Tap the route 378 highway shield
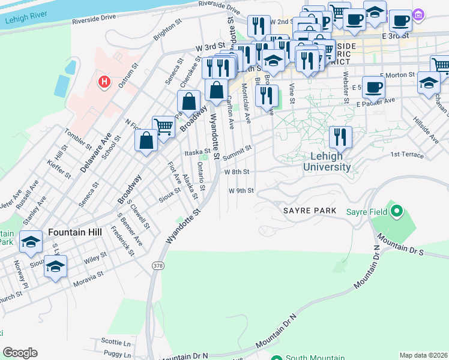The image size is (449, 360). coord(158,265)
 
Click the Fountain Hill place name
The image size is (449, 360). coord(74,232)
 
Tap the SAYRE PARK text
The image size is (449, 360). coord(307,211)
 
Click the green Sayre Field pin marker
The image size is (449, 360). coord(396,211)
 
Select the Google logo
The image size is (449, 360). coord(20,353)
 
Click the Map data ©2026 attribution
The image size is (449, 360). coord(423,355)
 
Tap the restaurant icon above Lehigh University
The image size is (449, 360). coord(340,136)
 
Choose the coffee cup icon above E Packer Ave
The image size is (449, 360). coord(373,86)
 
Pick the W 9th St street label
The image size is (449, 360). coord(241,191)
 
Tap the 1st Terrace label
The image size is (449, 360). coord(407,154)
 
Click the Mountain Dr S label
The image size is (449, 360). coord(401,246)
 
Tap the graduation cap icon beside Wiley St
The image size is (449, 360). coord(56,265)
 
